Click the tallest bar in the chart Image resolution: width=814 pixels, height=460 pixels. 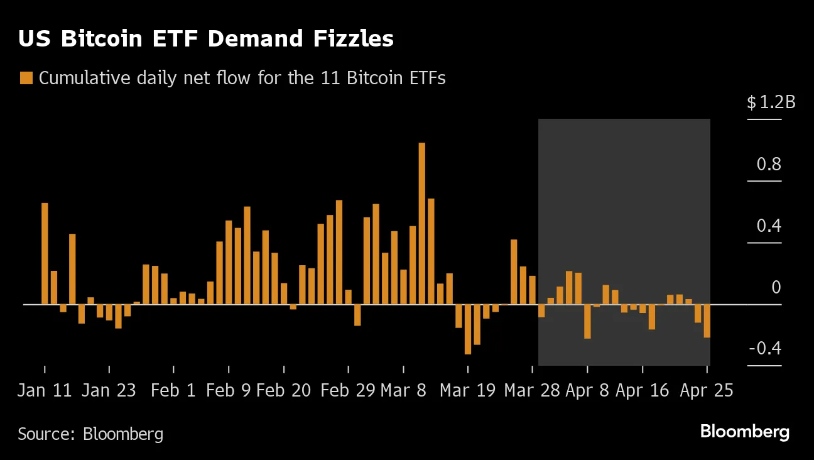click(421, 223)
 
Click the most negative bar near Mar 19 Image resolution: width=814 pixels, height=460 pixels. click(467, 329)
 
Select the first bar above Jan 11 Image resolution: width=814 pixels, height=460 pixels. click(45, 253)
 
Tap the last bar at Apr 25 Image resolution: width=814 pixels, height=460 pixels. click(707, 321)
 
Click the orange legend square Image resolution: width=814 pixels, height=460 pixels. click(26, 78)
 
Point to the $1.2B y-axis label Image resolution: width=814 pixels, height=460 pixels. click(771, 102)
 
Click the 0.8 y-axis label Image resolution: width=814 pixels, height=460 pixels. click(769, 165)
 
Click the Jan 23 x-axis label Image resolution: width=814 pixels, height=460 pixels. click(109, 390)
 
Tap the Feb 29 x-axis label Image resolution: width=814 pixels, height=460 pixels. click(347, 390)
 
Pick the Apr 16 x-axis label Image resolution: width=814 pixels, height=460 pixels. click(642, 390)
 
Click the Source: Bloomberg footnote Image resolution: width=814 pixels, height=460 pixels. click(90, 434)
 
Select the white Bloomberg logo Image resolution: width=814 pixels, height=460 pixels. click(744, 432)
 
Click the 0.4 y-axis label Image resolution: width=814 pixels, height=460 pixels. click(769, 226)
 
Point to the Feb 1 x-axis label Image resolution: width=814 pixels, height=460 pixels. click(173, 390)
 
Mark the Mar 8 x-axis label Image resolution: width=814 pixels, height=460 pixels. click(403, 390)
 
